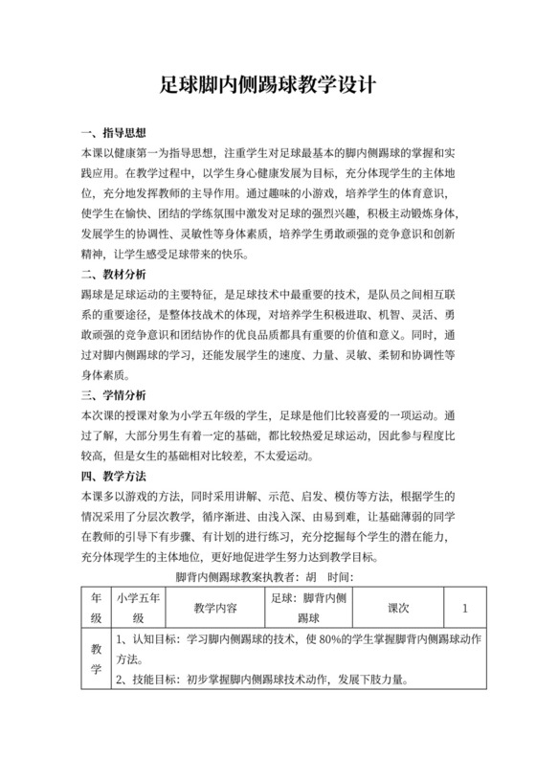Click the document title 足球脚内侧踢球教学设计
(268, 84)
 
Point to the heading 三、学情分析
(111, 395)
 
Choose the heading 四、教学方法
(111, 476)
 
